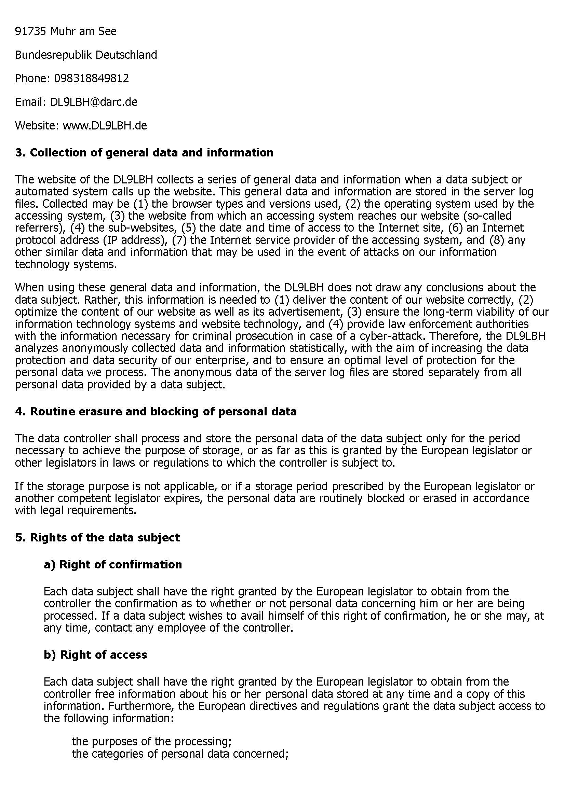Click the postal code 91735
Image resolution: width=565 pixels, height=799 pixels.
pyautogui.click(x=30, y=32)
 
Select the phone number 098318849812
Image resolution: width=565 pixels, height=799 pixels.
pyautogui.click(x=91, y=78)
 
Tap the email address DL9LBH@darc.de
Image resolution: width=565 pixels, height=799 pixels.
pyautogui.click(x=94, y=102)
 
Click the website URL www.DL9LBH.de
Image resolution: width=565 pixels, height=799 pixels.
pyautogui.click(x=105, y=125)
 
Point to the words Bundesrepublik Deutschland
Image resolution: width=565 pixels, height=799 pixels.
pyautogui.click(x=86, y=55)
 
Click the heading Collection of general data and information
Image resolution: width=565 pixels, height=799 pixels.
pyautogui.click(x=151, y=152)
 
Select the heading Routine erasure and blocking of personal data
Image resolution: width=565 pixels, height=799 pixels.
pyautogui.click(x=163, y=411)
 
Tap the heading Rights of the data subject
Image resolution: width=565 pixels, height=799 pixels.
pyautogui.click(x=105, y=537)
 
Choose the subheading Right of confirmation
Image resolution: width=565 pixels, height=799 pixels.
pyautogui.click(x=120, y=564)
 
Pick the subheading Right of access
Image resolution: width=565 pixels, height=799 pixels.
pyautogui.click(x=103, y=655)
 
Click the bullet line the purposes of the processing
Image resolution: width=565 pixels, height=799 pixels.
pyautogui.click(x=151, y=742)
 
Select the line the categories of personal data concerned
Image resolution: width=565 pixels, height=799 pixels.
pyautogui.click(x=180, y=754)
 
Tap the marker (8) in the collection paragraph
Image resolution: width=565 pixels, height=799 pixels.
pyautogui.click(x=501, y=240)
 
